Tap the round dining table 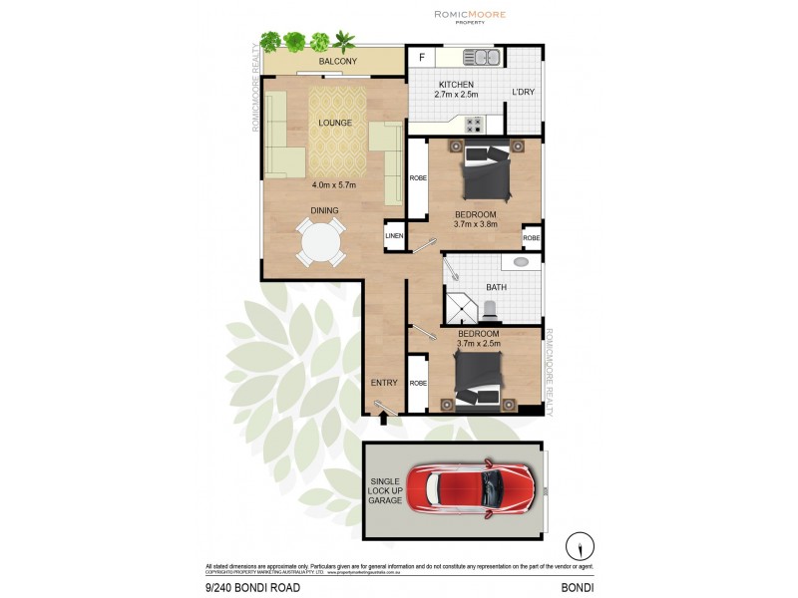click(320, 243)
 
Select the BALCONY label click(337, 62)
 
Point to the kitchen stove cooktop click(474, 125)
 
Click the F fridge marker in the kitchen click(422, 58)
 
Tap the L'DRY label click(525, 93)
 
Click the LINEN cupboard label click(395, 236)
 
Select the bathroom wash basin click(520, 263)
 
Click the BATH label click(496, 287)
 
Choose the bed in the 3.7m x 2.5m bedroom click(483, 379)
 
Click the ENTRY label click(384, 382)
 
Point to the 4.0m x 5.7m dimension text click(335, 185)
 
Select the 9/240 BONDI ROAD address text click(251, 588)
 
